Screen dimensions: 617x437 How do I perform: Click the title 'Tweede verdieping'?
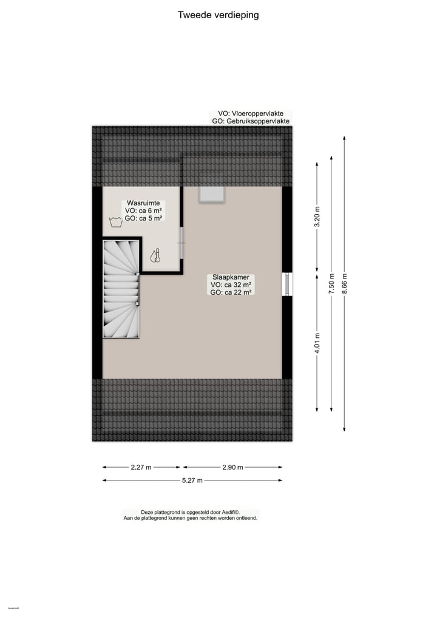[x=218, y=15]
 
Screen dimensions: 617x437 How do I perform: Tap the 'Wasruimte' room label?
[x=143, y=203]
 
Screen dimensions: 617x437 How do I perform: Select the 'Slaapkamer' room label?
[x=231, y=277]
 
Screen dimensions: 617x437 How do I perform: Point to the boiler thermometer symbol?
[x=157, y=256]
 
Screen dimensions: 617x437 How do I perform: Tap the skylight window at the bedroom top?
[x=212, y=194]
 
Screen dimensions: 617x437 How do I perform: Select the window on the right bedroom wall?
[x=287, y=284]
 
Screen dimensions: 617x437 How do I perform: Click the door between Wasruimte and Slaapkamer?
[x=181, y=243]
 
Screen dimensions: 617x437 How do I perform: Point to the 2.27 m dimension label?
[x=141, y=467]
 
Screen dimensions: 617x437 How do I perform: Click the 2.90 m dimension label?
[x=232, y=467]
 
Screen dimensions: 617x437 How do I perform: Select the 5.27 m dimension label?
[x=192, y=480]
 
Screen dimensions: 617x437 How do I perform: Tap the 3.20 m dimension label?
[x=316, y=217]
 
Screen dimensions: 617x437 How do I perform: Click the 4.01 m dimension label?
[x=316, y=343]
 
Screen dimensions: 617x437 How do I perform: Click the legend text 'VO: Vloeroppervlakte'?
[x=250, y=113]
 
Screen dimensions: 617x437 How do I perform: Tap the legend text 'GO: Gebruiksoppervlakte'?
[x=251, y=121]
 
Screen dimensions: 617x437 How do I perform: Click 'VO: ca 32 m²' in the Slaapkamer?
[x=232, y=285]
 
